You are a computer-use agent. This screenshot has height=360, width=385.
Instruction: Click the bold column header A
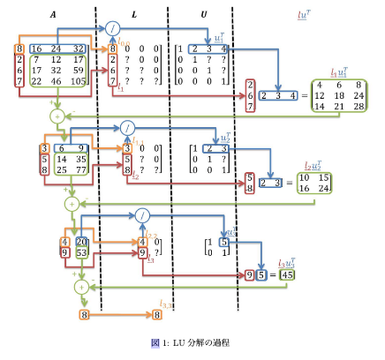54,15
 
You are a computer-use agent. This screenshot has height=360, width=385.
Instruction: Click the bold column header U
204,15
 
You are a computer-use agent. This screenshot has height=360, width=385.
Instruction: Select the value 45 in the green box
287,275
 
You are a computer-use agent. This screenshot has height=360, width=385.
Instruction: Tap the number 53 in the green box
82,253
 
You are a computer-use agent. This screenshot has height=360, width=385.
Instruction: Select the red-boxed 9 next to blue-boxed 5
250,275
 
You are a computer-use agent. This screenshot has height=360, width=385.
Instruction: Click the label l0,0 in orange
125,41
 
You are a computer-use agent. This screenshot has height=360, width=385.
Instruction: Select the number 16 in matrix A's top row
37,49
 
